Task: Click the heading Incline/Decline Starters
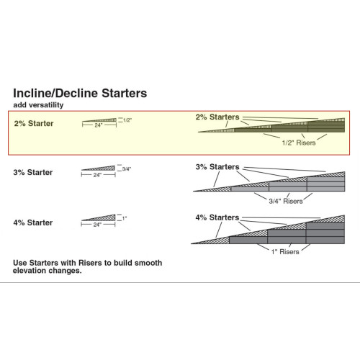pyautogui.click(x=80, y=94)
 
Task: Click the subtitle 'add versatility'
pyautogui.click(x=37, y=105)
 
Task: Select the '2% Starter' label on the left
pyautogui.click(x=33, y=123)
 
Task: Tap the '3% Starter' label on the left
pyautogui.click(x=33, y=172)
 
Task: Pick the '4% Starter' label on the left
pyautogui.click(x=33, y=222)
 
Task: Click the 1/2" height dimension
pyautogui.click(x=127, y=120)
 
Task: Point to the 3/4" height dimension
pyautogui.click(x=127, y=168)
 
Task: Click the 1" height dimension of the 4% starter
pyautogui.click(x=125, y=218)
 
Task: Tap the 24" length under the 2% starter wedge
pyautogui.click(x=98, y=126)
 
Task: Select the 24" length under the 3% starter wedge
pyautogui.click(x=98, y=175)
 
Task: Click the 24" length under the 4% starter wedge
pyautogui.click(x=98, y=225)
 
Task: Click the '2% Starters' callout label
pyautogui.click(x=217, y=117)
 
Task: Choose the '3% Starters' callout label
pyautogui.click(x=217, y=167)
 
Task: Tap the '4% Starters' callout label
pyautogui.click(x=217, y=217)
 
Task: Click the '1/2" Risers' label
pyautogui.click(x=297, y=143)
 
